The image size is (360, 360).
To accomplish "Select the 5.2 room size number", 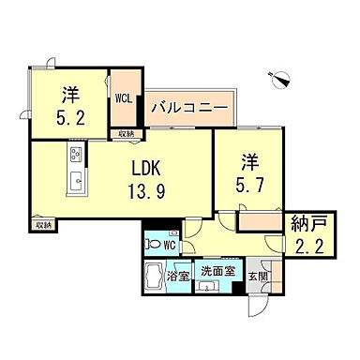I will click(x=71, y=119).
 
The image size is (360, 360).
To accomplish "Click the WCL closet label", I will click(x=123, y=97).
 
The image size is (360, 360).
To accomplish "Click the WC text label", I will click(x=171, y=246).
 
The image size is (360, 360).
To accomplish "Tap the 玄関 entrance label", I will click(x=256, y=277).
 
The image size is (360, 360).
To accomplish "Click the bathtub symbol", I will click(x=154, y=280).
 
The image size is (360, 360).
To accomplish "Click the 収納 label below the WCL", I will click(x=125, y=134).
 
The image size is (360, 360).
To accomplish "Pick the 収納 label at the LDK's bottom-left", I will click(x=43, y=225).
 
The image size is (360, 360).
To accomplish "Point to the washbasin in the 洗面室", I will click(x=207, y=287).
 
